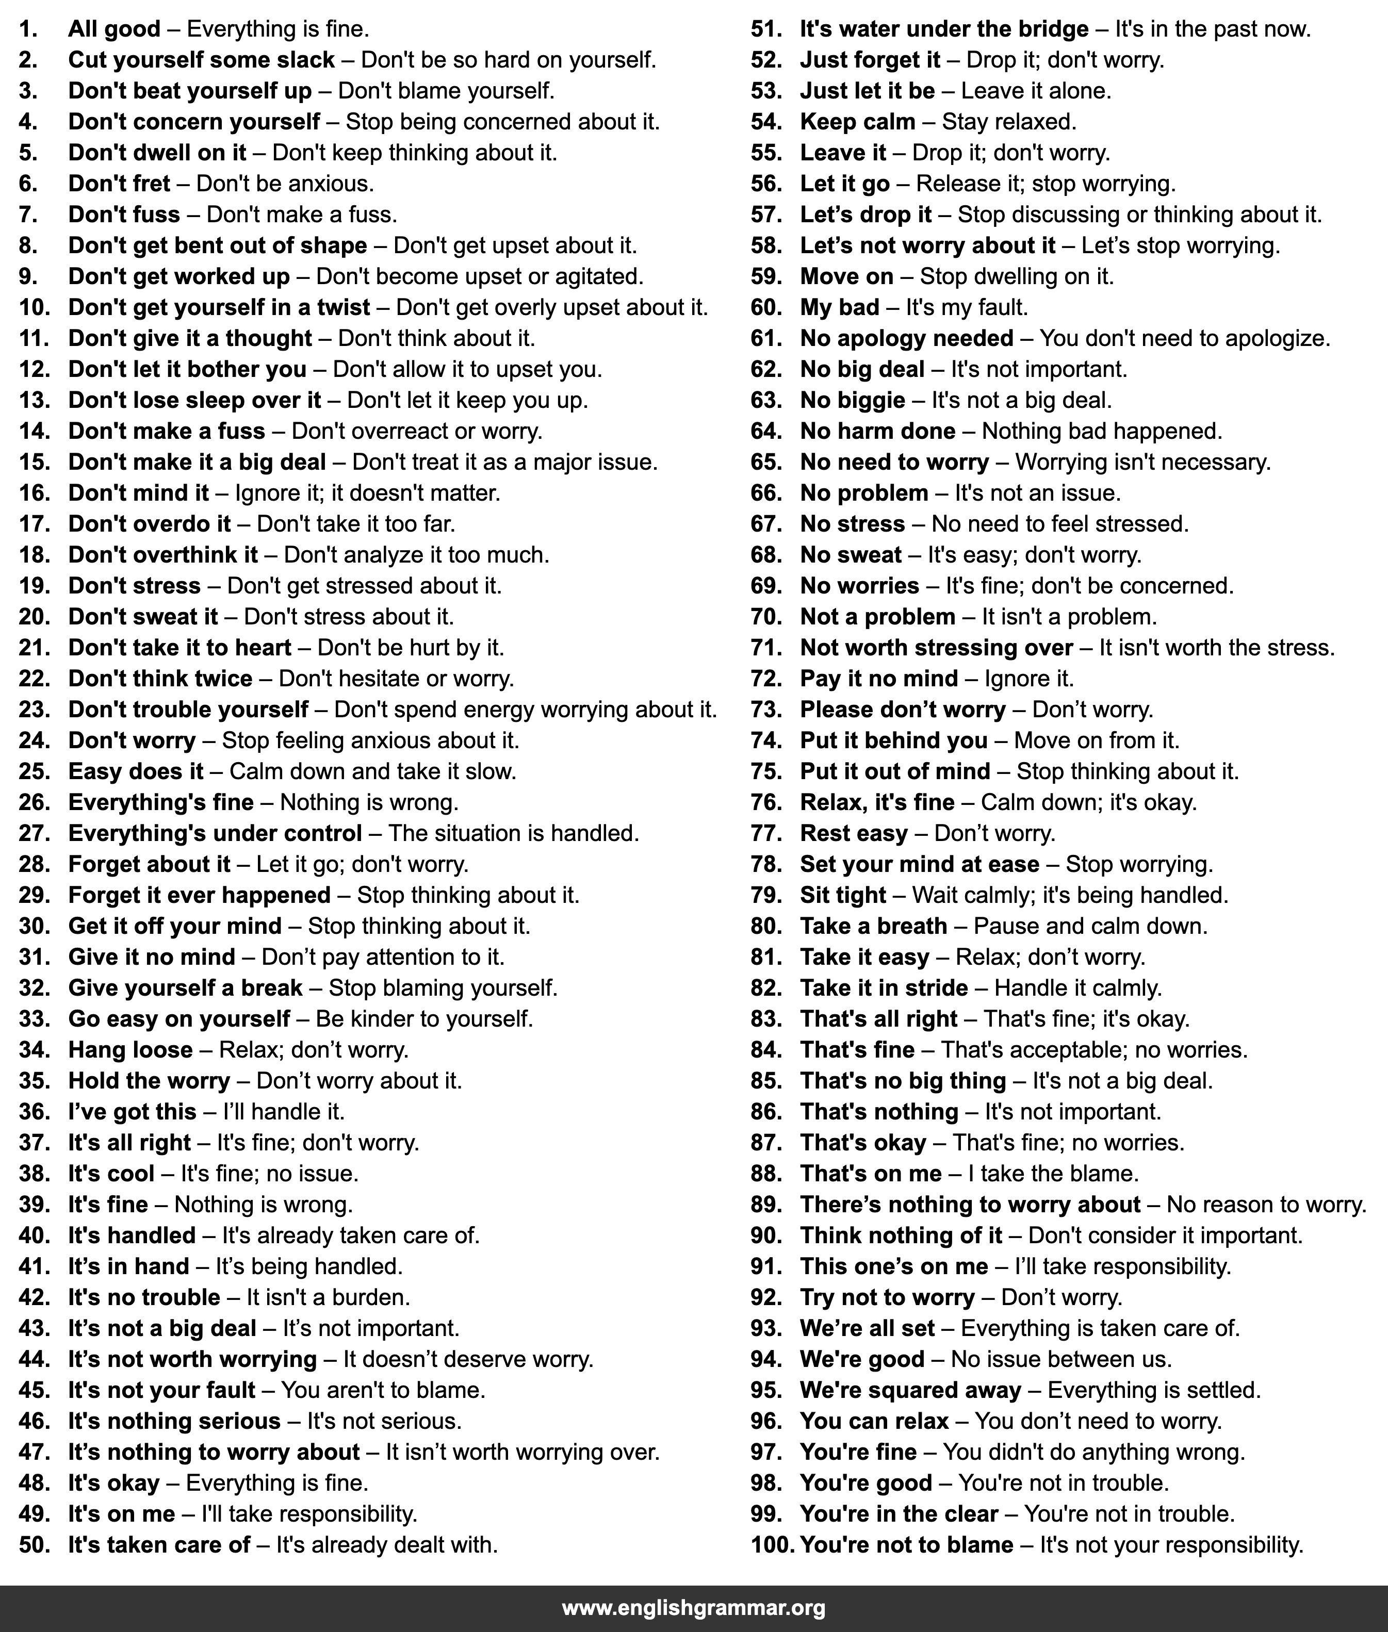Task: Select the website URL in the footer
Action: (693, 1608)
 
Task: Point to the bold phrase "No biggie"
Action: (852, 400)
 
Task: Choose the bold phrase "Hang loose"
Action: (130, 1050)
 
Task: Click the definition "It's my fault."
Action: (966, 307)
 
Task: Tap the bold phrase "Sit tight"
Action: (843, 895)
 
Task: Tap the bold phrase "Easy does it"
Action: (135, 771)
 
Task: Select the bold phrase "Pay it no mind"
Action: (879, 679)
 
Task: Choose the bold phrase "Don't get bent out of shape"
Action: (217, 246)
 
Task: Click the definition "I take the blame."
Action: (1054, 1174)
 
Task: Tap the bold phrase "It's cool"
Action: (111, 1174)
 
